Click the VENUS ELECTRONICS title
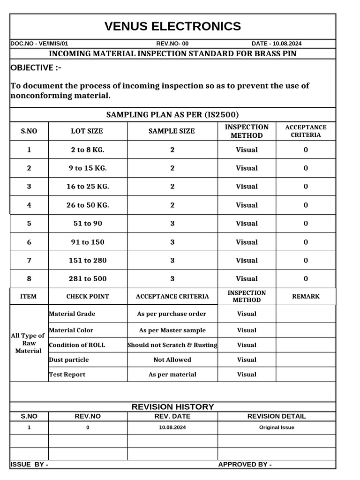click(172, 26)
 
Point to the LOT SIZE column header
click(87, 131)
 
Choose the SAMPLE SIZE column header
click(172, 131)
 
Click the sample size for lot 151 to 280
click(172, 260)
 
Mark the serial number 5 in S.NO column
click(29, 223)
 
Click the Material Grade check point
click(72, 314)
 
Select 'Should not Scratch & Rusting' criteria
click(172, 345)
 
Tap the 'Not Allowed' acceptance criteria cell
click(172, 360)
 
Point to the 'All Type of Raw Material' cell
click(28, 343)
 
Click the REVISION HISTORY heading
click(172, 407)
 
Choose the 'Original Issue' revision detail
click(277, 427)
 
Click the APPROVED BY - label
click(245, 465)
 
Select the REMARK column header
click(306, 296)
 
